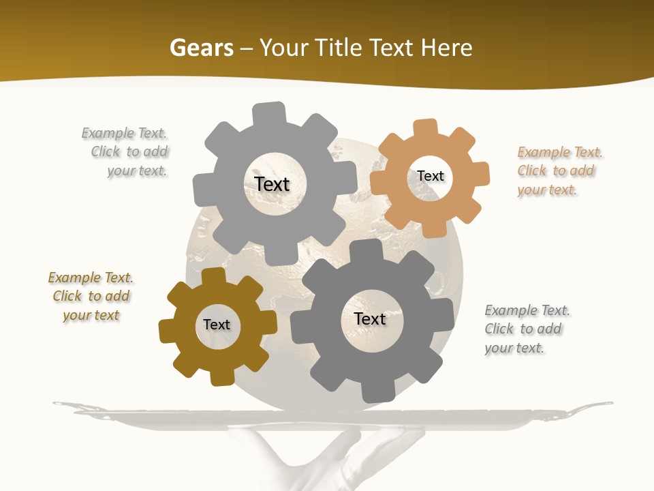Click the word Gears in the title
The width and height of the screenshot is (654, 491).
tap(201, 48)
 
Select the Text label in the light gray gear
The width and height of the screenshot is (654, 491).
tap(272, 184)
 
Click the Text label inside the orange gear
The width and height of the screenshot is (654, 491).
tap(431, 176)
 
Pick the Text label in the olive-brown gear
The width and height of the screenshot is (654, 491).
tap(217, 325)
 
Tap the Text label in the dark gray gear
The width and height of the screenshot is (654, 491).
tap(370, 318)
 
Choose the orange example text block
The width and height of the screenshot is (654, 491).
tap(559, 170)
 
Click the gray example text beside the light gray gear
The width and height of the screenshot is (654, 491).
tap(127, 151)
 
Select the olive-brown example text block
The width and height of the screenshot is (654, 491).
tap(91, 296)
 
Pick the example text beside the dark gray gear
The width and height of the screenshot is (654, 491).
tap(526, 329)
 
